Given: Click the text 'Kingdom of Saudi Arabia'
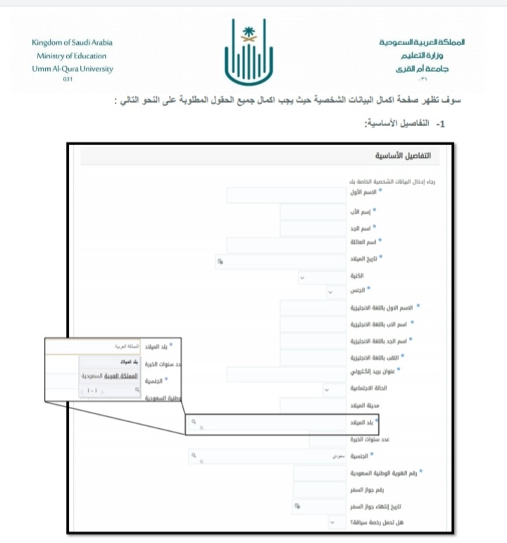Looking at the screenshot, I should (73, 42).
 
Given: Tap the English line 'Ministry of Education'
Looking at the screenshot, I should (73, 56).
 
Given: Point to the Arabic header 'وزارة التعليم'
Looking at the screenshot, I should (430, 56).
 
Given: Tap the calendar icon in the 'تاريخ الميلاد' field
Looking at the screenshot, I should (220, 261).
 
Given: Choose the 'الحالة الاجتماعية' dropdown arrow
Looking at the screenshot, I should (326, 389).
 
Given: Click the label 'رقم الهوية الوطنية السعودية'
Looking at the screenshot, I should (392, 474).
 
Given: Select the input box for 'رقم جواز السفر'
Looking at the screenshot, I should (318, 489).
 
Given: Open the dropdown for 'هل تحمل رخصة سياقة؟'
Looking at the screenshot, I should (331, 523).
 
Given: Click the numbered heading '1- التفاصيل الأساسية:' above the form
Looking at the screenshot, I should (403, 123).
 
